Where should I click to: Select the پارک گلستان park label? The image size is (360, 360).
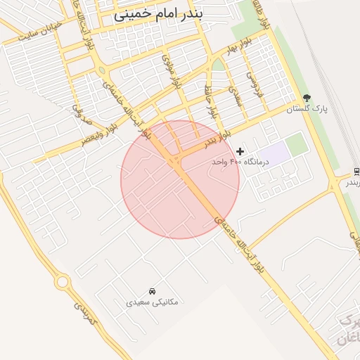tap(308, 109)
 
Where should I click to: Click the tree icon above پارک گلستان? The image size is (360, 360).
tap(306, 98)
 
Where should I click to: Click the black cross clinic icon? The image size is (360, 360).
tap(240, 151)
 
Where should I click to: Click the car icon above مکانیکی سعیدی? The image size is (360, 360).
tap(152, 291)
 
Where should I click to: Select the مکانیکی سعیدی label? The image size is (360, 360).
tap(152, 302)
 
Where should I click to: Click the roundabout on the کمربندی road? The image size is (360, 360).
tap(62, 283)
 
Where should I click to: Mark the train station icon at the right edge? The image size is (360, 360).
tap(356, 172)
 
